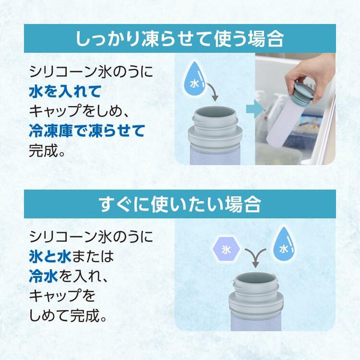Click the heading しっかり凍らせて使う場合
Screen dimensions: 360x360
179,39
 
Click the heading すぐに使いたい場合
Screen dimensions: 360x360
180,204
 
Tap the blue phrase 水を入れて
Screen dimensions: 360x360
65,91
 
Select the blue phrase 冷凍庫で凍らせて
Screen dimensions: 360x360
87,131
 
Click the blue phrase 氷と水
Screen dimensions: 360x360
50,256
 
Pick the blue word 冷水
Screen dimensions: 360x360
43,276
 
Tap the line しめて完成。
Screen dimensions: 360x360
68,315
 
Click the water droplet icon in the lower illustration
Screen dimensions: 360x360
284,245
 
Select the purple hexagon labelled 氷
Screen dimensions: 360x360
226,250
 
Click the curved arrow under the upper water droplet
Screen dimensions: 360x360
212,91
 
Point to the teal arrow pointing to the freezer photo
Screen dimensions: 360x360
255,109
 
